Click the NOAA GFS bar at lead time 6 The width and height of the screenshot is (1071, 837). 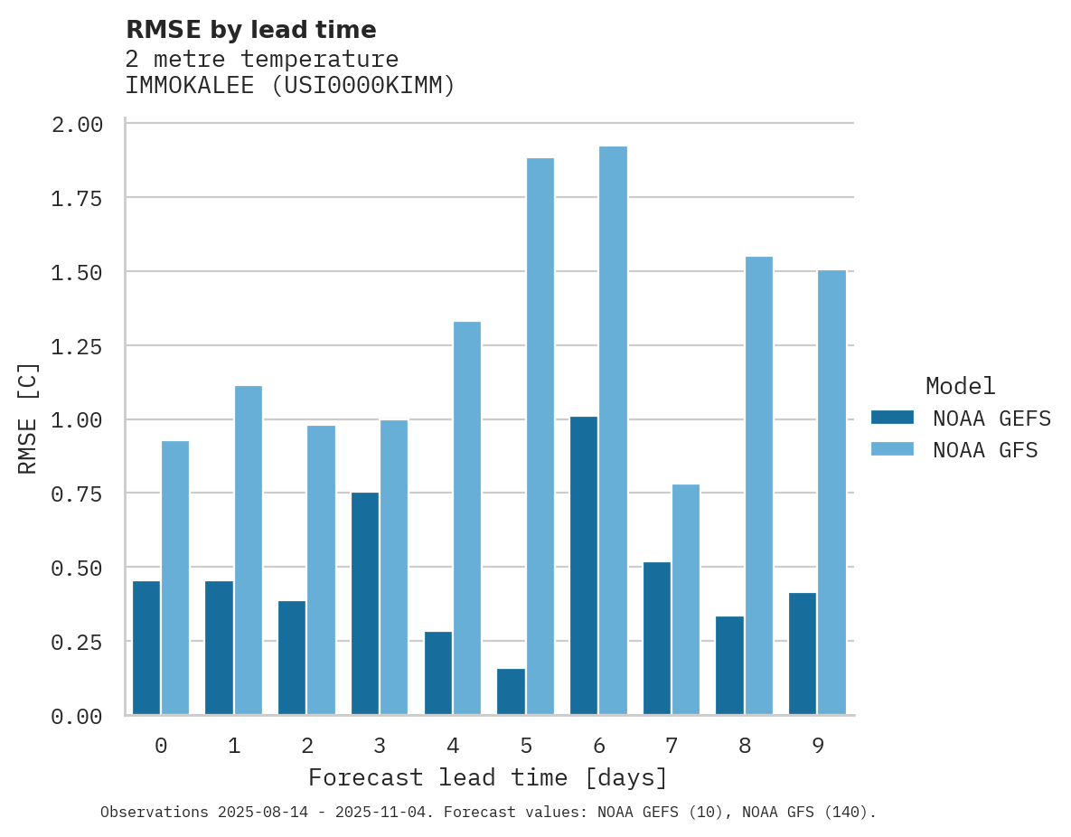613,430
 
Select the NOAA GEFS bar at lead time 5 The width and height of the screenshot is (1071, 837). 511,691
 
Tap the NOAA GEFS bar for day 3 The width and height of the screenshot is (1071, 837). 365,604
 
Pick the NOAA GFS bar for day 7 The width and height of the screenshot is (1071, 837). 686,599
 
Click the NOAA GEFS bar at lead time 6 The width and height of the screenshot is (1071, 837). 584,566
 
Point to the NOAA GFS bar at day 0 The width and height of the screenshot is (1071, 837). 175,578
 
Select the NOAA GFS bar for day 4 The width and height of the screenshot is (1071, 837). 467,518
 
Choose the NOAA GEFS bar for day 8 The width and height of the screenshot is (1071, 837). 729,665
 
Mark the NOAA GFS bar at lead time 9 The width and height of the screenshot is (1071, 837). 831,493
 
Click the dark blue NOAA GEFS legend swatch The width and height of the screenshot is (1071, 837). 892,418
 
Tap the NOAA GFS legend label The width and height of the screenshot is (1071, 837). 986,450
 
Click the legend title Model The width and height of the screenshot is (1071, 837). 961,386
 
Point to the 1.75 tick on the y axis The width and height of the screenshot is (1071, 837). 77,199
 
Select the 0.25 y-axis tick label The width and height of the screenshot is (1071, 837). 77,643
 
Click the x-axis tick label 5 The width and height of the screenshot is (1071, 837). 526,746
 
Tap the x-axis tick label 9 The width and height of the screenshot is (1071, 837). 817,746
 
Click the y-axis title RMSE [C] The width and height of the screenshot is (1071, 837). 28,418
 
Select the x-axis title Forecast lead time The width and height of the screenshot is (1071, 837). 488,777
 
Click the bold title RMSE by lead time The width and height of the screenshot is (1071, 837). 251,30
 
